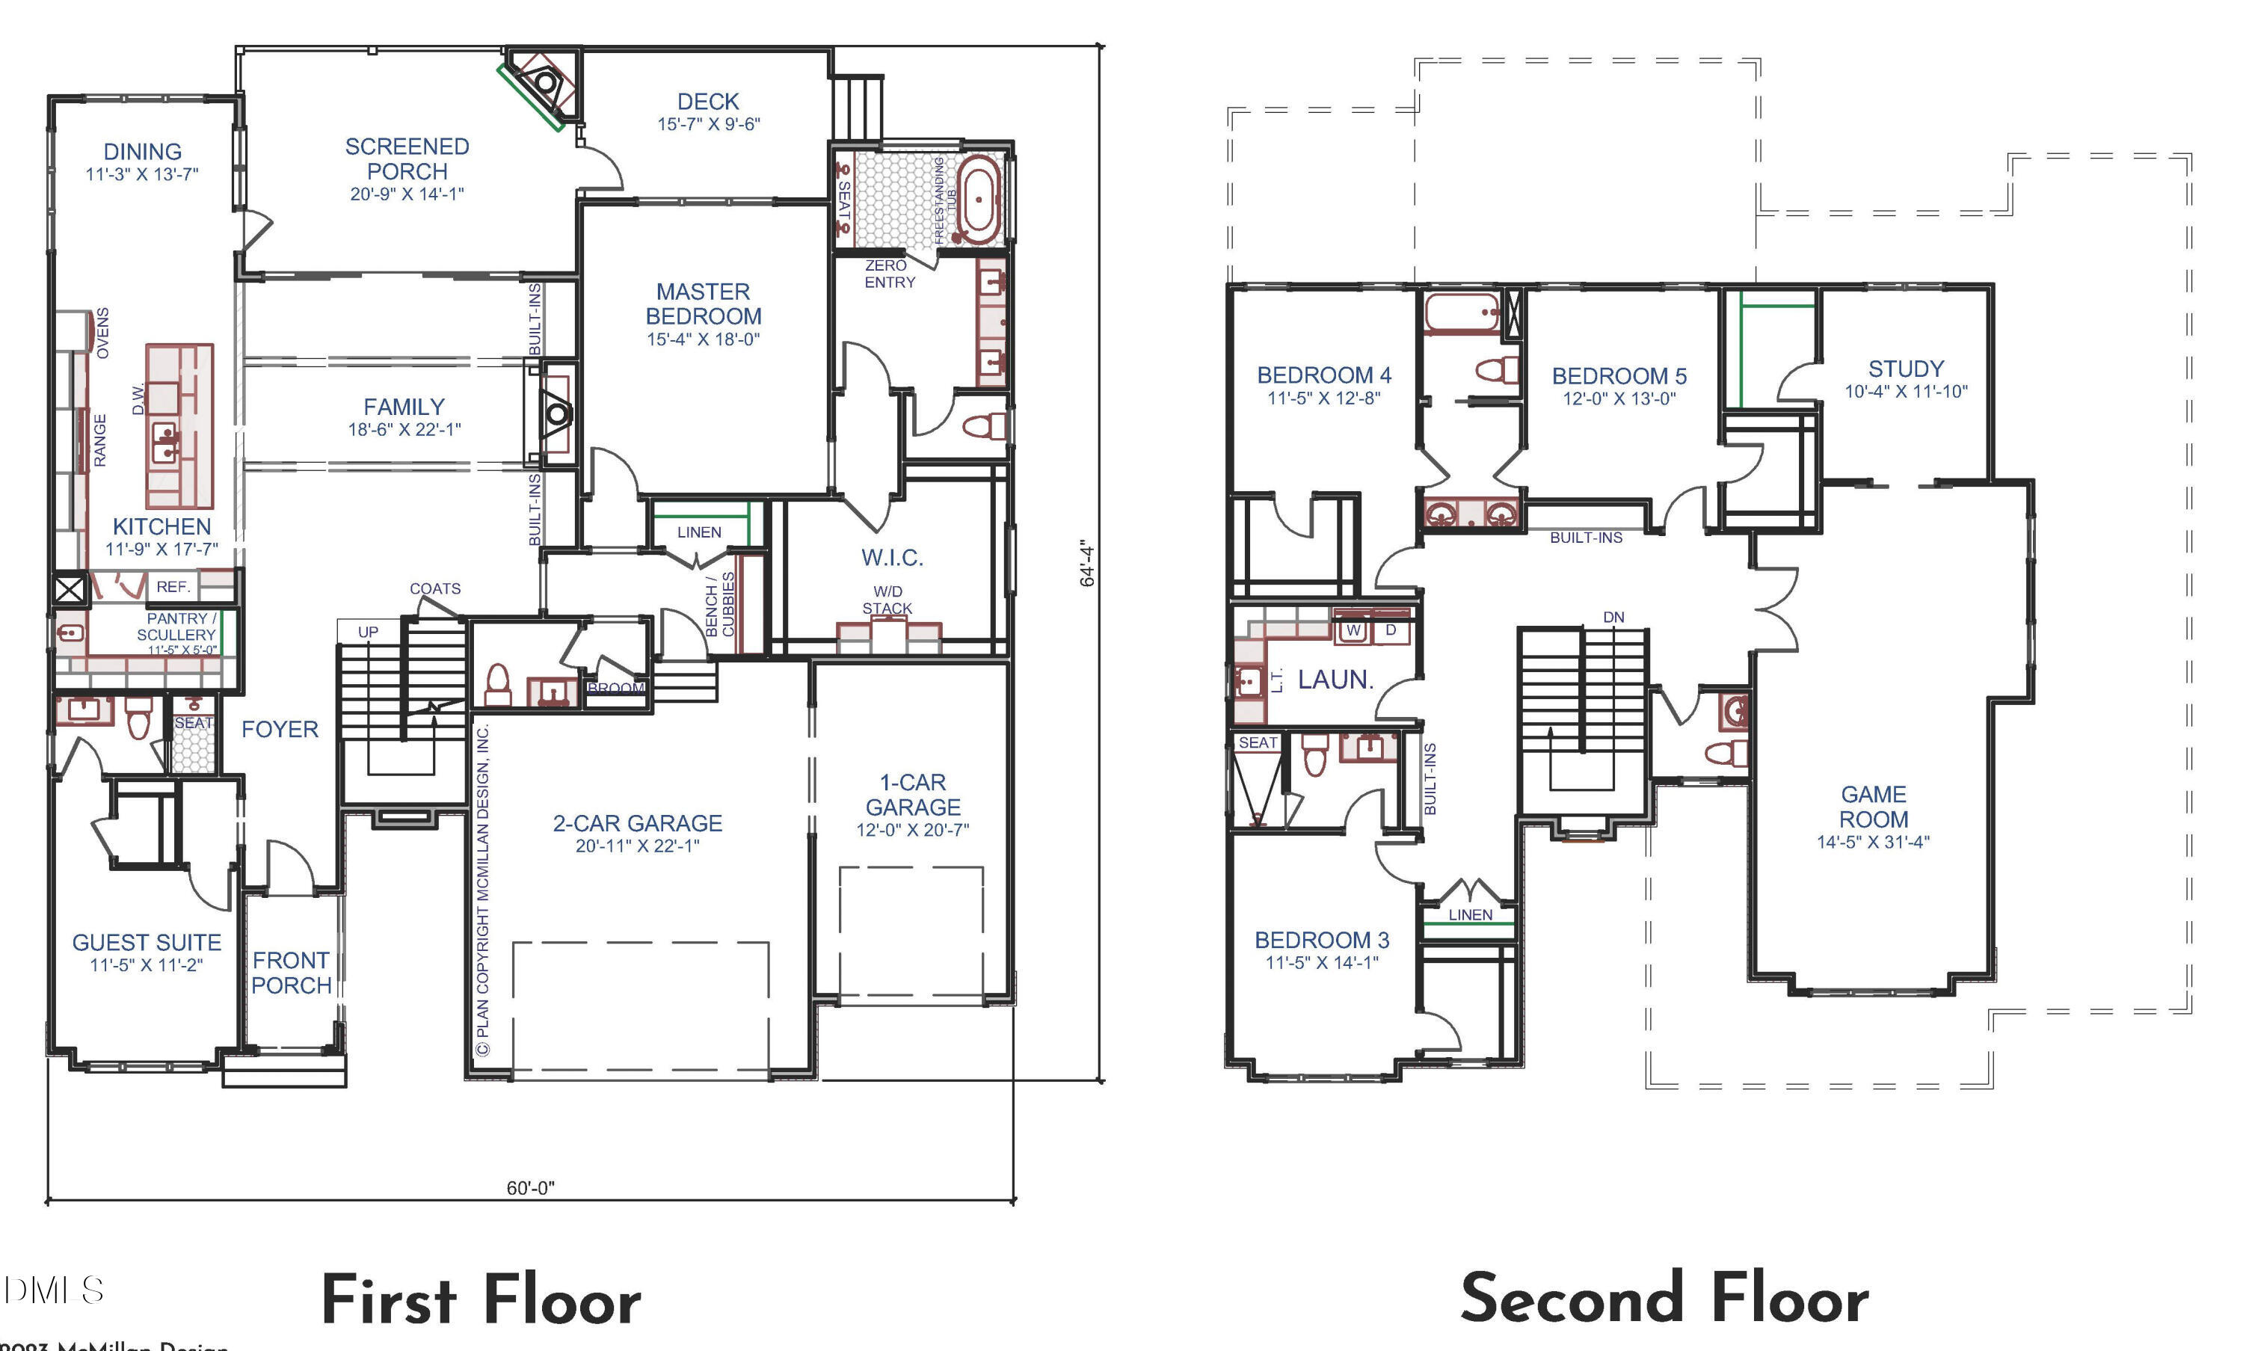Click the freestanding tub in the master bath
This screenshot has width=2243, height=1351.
[978, 198]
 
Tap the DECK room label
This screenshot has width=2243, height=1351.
[707, 102]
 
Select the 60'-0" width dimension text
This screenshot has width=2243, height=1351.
[530, 1188]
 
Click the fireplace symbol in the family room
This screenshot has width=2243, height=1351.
[556, 414]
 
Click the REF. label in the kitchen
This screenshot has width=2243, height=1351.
[173, 587]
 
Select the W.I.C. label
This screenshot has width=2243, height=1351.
[892, 558]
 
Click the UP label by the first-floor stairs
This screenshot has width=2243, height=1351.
[368, 632]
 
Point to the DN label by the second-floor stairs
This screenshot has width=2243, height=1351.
[1613, 618]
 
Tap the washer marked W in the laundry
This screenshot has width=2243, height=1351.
[1353, 630]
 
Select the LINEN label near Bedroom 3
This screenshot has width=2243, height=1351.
[1470, 915]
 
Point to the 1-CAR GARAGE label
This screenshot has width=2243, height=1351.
[912, 795]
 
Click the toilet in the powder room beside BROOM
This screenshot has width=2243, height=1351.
[498, 686]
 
